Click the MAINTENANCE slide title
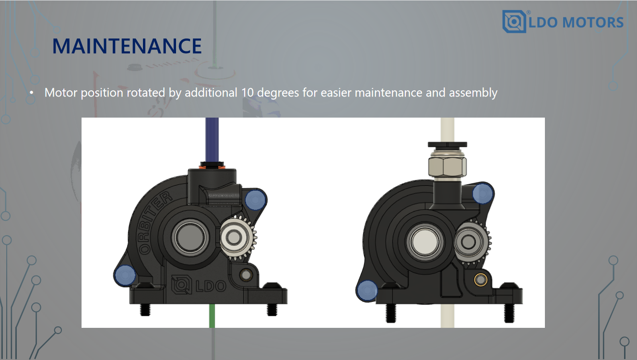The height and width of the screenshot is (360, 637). tap(127, 46)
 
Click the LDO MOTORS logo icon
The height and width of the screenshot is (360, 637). tap(514, 22)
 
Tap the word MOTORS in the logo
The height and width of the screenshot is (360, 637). tap(593, 23)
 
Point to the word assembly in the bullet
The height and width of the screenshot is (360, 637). tap(473, 93)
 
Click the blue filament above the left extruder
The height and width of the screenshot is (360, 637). tap(212, 140)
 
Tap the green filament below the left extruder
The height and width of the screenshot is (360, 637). tap(212, 316)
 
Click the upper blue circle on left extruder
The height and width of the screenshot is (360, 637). tap(255, 200)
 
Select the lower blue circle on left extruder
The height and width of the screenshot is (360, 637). tap(125, 276)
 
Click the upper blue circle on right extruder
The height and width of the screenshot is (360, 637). tap(483, 193)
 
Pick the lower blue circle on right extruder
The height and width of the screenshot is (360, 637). tap(367, 290)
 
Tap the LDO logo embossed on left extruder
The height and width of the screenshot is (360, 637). tap(199, 285)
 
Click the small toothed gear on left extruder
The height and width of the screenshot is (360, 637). tap(237, 238)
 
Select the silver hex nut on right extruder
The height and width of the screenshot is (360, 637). tap(448, 166)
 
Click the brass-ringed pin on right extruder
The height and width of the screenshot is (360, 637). tap(480, 280)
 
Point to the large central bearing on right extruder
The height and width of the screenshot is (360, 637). tap(425, 241)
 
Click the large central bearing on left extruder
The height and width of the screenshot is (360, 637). tap(190, 237)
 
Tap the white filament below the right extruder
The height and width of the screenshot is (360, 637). tap(448, 316)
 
